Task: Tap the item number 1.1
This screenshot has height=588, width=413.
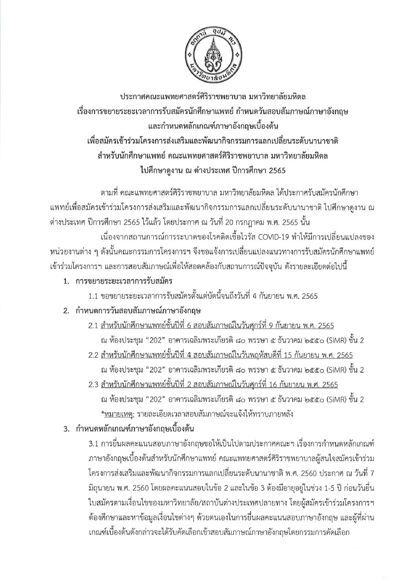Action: [x=94, y=297]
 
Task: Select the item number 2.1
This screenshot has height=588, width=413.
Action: [x=94, y=326]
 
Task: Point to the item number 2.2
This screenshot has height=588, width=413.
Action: [x=94, y=355]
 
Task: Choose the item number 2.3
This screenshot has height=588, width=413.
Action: [x=94, y=385]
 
